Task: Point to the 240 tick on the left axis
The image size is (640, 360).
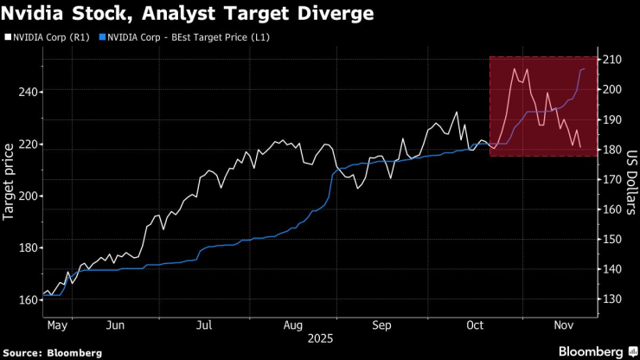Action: (27, 92)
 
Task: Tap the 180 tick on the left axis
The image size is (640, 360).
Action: (27, 247)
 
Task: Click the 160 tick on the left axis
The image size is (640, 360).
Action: (27, 299)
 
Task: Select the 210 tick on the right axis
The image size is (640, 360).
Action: (611, 60)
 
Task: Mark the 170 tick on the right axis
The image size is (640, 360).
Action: (611, 179)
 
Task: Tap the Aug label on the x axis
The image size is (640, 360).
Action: (292, 326)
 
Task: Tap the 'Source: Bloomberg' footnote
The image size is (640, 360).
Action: (53, 352)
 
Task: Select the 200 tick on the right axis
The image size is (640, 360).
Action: (611, 89)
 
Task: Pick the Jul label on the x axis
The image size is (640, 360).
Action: (204, 326)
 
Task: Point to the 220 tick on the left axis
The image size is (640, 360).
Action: (27, 145)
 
